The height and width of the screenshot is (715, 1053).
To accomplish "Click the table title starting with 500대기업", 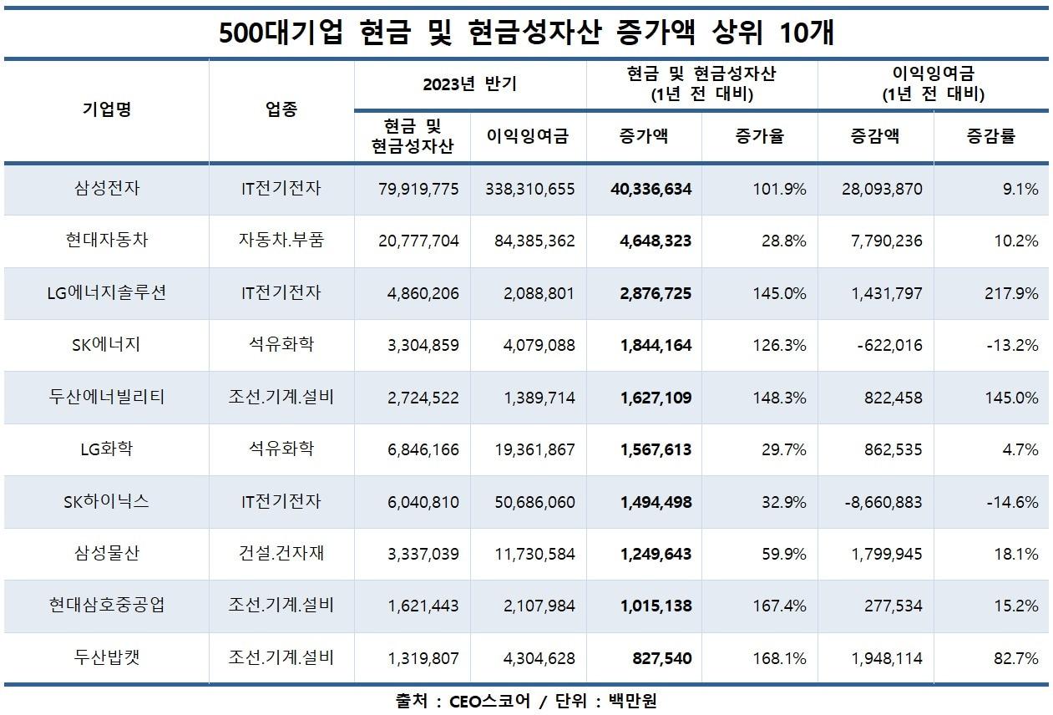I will [x=526, y=33].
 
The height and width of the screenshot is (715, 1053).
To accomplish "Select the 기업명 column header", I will [x=106, y=110].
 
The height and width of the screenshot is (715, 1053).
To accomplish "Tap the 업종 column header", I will [x=281, y=110].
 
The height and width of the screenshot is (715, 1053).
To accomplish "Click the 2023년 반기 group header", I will [x=469, y=84].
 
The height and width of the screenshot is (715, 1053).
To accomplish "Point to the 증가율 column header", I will [x=759, y=137].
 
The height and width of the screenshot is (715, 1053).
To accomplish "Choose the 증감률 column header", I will [x=991, y=137].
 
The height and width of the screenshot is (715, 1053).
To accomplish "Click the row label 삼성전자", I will [x=106, y=189].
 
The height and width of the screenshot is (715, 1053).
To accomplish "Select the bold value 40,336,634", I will [x=644, y=190].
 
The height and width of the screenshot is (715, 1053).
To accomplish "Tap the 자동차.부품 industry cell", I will [x=281, y=241].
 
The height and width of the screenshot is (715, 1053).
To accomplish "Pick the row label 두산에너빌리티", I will [x=106, y=397].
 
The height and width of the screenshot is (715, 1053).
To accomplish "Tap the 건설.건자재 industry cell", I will [x=281, y=553].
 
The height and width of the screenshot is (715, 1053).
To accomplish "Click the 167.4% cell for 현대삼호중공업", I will [x=779, y=606].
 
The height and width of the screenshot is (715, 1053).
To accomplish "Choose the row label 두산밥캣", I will [x=106, y=657].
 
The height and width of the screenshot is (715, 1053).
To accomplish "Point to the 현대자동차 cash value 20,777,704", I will [x=418, y=241].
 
